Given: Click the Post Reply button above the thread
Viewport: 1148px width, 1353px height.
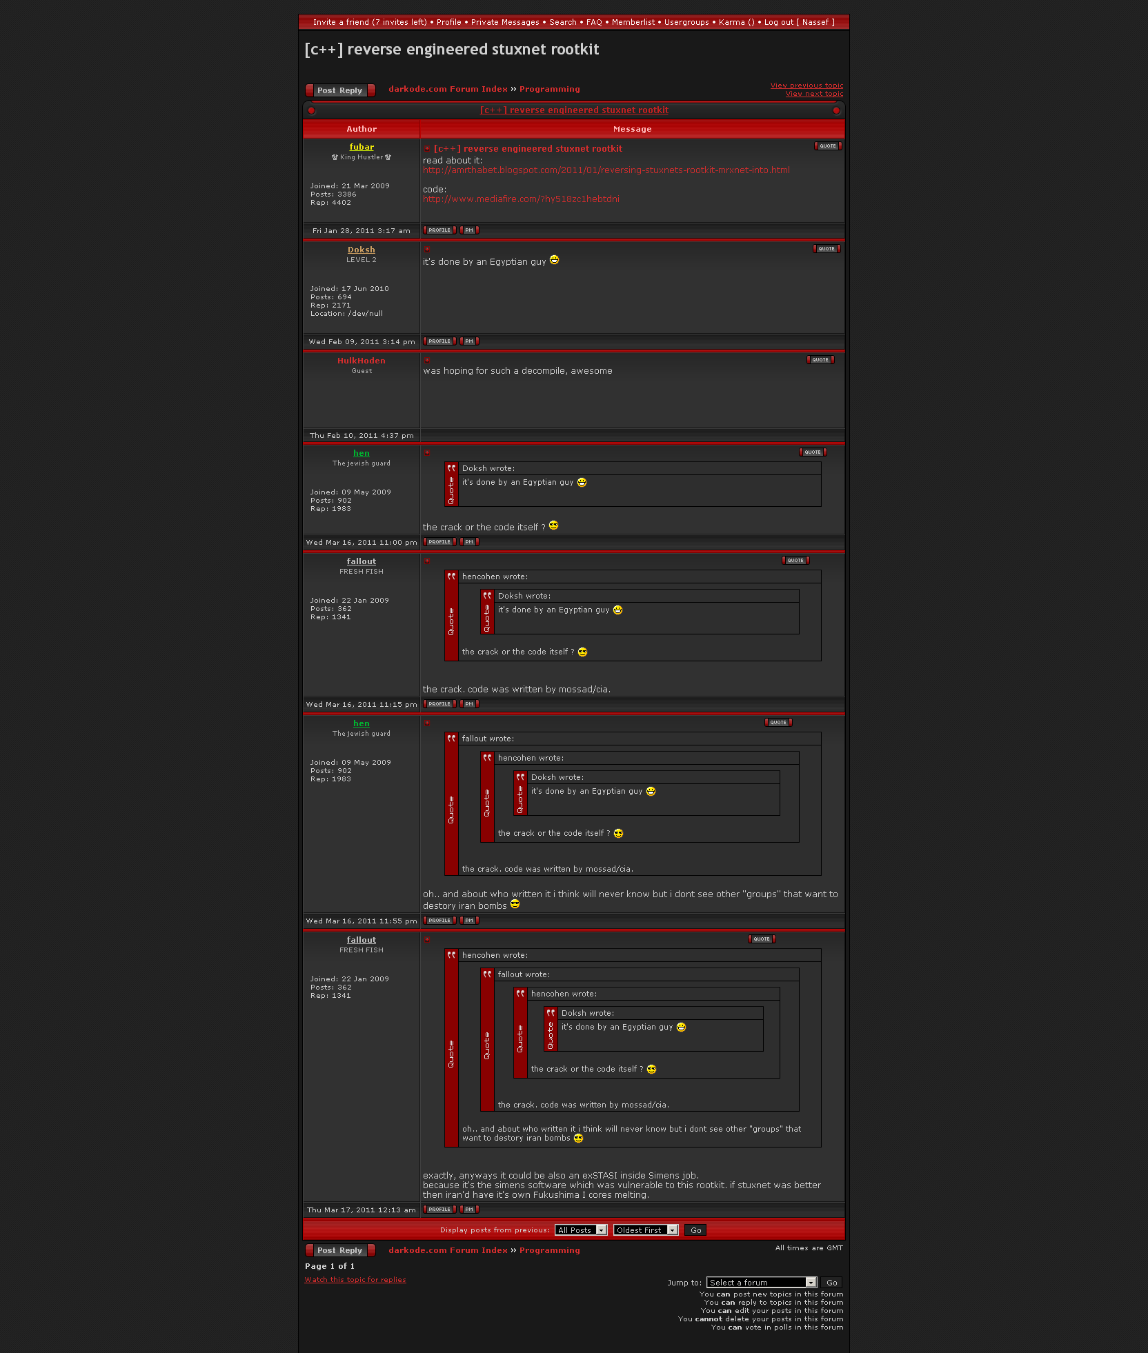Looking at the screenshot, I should coord(340,90).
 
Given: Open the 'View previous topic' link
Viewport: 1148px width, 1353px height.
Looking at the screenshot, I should coord(806,86).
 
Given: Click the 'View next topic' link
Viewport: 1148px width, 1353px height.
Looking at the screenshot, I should coord(814,94).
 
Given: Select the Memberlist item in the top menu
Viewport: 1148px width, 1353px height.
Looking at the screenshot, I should coord(633,22).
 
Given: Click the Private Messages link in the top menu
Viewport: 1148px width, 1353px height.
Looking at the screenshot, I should coord(505,22).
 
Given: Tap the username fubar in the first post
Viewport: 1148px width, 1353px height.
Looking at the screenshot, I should coord(362,147).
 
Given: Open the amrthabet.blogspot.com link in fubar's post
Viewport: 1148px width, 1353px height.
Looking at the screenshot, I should coord(606,170).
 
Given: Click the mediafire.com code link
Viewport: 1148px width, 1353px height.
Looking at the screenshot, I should coord(521,199).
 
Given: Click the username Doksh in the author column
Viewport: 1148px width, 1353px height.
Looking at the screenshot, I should coord(362,250).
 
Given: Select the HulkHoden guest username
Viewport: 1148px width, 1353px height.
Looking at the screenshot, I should coord(362,361).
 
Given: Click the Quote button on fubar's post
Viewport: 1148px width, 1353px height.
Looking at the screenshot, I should coord(827,146).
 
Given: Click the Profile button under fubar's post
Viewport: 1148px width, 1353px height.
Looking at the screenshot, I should coord(439,230).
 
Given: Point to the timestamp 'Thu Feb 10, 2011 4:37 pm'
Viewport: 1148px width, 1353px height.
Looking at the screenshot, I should coord(362,436).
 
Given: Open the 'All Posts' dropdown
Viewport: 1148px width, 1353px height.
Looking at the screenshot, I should coord(581,1230).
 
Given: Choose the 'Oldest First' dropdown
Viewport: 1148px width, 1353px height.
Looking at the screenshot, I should coord(646,1230).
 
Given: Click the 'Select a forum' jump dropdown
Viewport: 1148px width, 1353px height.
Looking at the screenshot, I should coord(762,1283).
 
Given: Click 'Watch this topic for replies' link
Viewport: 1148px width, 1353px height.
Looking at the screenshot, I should coord(355,1280).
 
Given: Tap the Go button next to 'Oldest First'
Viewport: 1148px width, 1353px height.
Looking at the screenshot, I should coord(695,1230).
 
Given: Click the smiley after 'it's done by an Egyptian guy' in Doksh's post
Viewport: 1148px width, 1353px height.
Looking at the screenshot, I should coord(554,260).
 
